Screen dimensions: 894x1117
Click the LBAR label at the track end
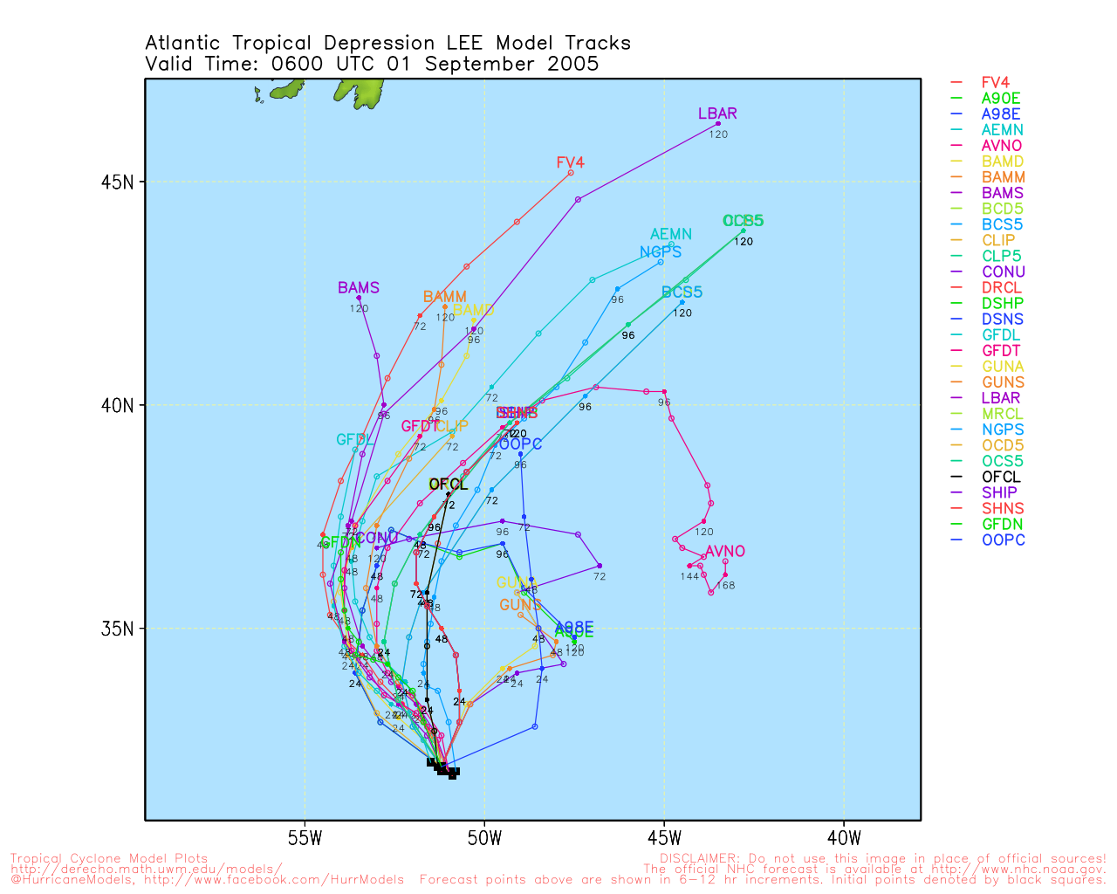click(717, 113)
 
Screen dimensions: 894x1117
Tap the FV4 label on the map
click(570, 162)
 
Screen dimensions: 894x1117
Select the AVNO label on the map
click(725, 551)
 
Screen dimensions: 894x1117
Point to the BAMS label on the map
click(359, 288)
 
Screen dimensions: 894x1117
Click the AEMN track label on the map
click(671, 234)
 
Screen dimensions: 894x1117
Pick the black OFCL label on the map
click(449, 484)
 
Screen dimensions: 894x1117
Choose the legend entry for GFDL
click(1001, 335)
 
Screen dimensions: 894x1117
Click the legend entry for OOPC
click(1003, 540)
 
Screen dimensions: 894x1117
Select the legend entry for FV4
click(995, 83)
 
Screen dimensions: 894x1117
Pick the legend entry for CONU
click(1003, 272)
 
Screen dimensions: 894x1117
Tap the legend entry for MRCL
click(1003, 414)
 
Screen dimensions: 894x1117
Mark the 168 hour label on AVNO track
click(725, 586)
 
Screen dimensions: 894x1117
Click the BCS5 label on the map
click(682, 292)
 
